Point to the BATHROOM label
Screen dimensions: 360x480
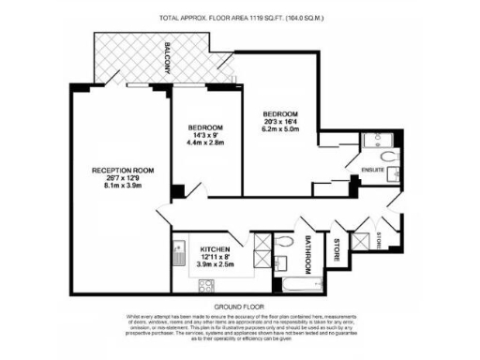point(307,250)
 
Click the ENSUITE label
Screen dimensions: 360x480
point(374,170)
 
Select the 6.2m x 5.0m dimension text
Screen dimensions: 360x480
point(282,130)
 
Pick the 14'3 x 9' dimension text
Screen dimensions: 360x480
point(205,136)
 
